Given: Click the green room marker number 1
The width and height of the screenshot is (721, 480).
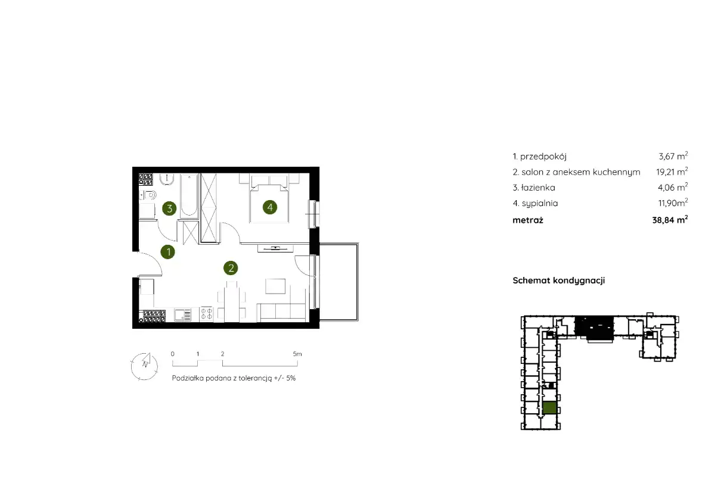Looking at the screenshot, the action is click(167, 251).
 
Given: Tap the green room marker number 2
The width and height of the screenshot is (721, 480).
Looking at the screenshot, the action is click(231, 267).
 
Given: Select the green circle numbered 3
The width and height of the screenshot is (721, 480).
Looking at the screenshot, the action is click(169, 208).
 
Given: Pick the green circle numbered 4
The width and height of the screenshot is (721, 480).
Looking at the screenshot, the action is click(270, 207).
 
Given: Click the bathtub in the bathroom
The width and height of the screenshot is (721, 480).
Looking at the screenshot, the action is click(189, 195).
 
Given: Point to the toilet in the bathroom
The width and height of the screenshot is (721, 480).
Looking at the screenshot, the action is click(149, 195).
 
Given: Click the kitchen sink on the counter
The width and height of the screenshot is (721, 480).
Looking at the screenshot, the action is click(182, 314).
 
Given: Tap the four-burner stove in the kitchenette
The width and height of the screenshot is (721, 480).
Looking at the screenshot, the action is click(206, 314).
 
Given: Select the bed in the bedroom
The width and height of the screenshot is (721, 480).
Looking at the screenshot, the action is click(269, 202).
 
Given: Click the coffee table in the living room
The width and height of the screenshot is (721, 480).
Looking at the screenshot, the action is click(275, 286).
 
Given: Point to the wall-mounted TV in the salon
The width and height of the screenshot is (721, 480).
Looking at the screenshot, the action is click(275, 248).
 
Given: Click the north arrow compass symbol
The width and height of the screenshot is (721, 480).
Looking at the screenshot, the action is click(145, 366).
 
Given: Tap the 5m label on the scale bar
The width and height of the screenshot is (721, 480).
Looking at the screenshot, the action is click(297, 354).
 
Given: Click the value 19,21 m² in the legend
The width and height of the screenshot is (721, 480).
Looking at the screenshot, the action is click(672, 172).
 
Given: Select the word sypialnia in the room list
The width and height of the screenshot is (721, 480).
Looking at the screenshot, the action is click(540, 203).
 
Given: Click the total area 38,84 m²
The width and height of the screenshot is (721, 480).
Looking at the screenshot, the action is click(670, 220).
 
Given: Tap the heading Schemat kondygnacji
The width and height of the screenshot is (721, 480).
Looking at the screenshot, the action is click(559, 280).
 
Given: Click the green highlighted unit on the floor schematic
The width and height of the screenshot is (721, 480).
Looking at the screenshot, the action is click(549, 407).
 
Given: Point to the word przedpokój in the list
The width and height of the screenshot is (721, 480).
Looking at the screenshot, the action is click(543, 157).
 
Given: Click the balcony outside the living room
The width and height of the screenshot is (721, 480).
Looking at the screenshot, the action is click(338, 282).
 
